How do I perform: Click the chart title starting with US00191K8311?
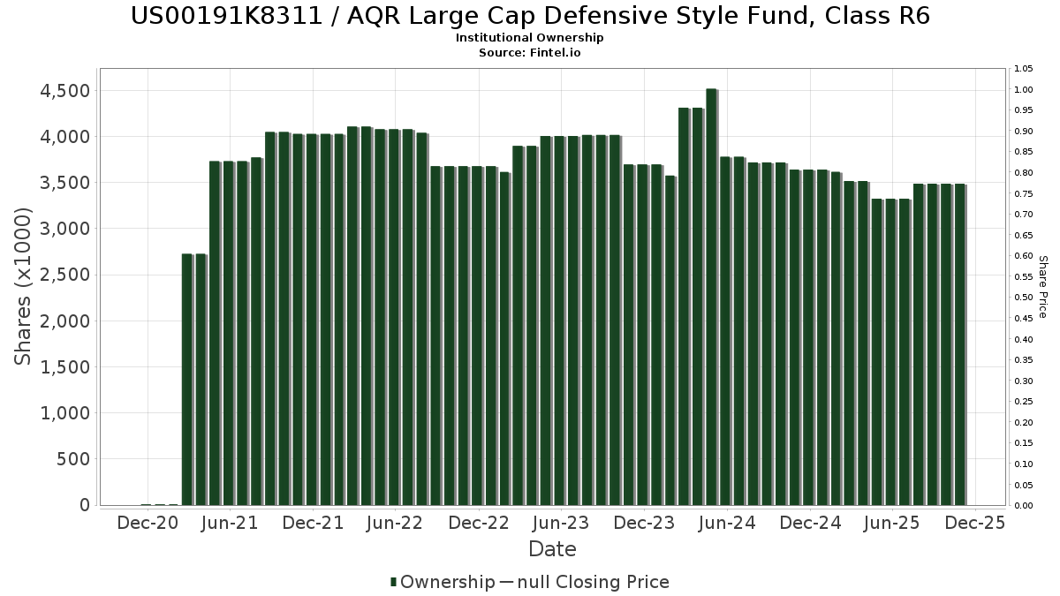coord(530,16)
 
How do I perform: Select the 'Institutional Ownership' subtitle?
coord(530,38)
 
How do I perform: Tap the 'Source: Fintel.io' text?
coord(530,52)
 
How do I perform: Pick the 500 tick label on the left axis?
coord(73,459)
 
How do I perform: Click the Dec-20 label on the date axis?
coord(148,523)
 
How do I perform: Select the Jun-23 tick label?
coord(561,523)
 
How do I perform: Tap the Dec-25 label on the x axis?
coord(974,523)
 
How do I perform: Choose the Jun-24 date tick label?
coord(726,523)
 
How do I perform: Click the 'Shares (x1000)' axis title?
coord(24,286)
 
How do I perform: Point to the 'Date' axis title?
coord(552,549)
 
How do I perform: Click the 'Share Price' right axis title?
coord(1042,286)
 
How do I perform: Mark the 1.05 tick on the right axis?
coord(1024,69)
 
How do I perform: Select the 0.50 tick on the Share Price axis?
coord(1024,298)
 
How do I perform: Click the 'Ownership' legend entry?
coord(447,582)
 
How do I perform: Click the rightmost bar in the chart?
coord(959,344)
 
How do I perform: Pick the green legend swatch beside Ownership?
coord(393,582)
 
